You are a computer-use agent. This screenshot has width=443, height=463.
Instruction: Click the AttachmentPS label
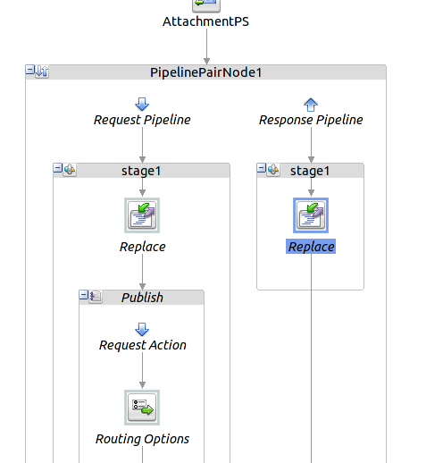pyautogui.click(x=206, y=21)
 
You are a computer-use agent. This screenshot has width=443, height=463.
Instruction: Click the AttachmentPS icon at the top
pyautogui.click(x=206, y=4)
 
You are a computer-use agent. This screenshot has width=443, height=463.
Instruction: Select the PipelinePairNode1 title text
pyautogui.click(x=205, y=72)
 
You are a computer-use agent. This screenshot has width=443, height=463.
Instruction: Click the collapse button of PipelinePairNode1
pyautogui.click(x=30, y=72)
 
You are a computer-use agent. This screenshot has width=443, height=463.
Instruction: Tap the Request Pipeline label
pyautogui.click(x=142, y=120)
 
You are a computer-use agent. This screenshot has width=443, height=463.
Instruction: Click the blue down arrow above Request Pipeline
pyautogui.click(x=142, y=104)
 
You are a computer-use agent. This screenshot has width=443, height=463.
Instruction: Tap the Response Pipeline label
pyautogui.click(x=311, y=120)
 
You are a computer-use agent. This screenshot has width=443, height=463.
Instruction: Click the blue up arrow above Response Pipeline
pyautogui.click(x=311, y=104)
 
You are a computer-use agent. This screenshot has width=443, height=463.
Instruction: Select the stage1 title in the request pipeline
pyautogui.click(x=141, y=170)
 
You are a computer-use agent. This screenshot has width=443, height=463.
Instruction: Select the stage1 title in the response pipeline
pyautogui.click(x=310, y=170)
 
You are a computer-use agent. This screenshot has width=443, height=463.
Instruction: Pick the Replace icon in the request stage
pyautogui.click(x=142, y=215)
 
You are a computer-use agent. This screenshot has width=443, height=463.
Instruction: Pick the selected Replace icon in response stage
pyautogui.click(x=311, y=215)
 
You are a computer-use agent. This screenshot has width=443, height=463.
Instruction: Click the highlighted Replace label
pyautogui.click(x=311, y=247)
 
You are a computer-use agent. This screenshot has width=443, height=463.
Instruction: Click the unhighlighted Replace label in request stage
pyautogui.click(x=142, y=247)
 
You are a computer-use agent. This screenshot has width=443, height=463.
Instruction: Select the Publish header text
pyautogui.click(x=142, y=297)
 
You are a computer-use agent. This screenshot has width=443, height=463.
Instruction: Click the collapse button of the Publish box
pyautogui.click(x=84, y=296)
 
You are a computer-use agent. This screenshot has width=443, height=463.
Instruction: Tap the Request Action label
pyautogui.click(x=142, y=345)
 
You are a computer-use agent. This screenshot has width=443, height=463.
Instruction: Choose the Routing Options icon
pyautogui.click(x=142, y=408)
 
